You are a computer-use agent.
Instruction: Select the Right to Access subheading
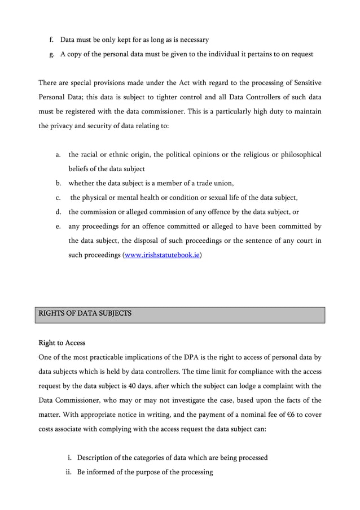point(62,342)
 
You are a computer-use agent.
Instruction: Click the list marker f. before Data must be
point(50,40)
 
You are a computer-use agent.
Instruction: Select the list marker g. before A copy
point(50,55)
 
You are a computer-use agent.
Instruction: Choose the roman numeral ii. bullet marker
point(68,472)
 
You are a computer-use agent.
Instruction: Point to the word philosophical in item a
point(296,154)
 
